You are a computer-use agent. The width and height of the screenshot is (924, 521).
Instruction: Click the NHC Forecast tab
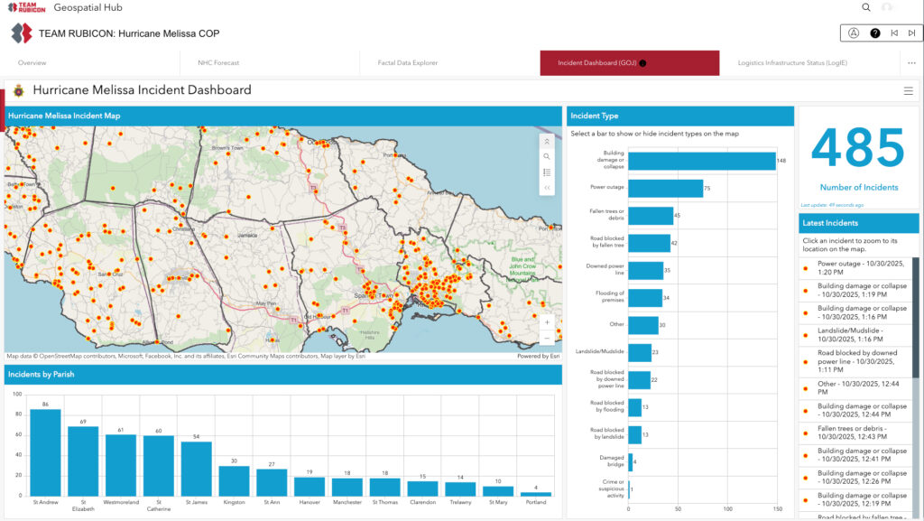(x=218, y=63)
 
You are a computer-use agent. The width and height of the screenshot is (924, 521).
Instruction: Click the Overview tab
(x=32, y=63)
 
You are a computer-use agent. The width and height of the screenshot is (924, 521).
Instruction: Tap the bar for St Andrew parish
(x=45, y=452)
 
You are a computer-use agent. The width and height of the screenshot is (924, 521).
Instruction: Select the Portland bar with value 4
(x=536, y=493)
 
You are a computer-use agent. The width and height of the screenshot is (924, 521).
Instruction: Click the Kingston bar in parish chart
(x=234, y=480)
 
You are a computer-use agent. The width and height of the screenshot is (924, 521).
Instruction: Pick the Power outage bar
(x=665, y=188)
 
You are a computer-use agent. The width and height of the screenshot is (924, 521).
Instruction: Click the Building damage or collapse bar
(x=701, y=161)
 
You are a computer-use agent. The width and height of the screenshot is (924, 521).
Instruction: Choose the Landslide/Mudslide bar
(x=640, y=352)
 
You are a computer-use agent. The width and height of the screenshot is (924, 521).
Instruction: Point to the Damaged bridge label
(x=612, y=462)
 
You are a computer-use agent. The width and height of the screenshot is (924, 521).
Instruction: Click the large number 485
(x=857, y=150)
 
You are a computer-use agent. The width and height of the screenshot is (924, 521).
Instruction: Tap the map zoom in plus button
(x=547, y=322)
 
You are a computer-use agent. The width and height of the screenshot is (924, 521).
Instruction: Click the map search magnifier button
(x=547, y=156)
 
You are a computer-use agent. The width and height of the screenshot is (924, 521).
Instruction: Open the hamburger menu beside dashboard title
(x=908, y=90)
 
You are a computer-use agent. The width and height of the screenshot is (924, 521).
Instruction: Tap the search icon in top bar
(x=866, y=7)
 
